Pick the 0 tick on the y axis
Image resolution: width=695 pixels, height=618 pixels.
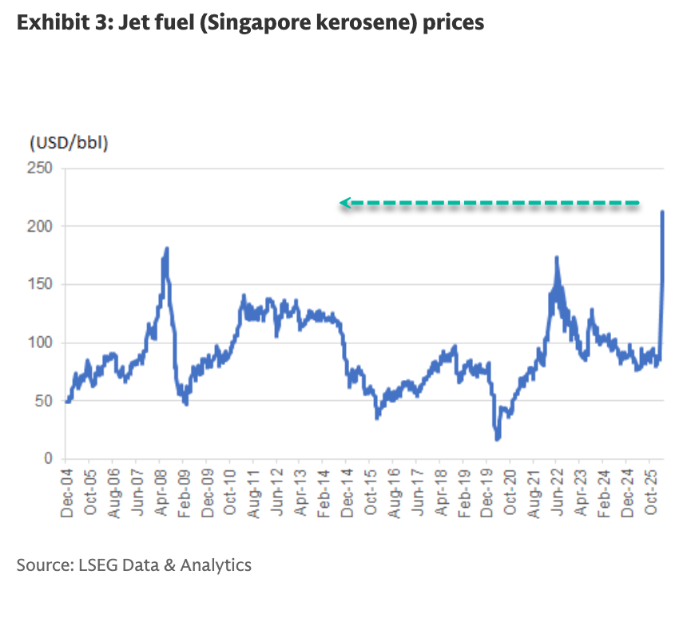[48, 459]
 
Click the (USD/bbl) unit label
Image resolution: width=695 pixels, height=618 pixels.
[69, 144]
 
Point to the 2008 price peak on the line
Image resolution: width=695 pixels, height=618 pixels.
[166, 248]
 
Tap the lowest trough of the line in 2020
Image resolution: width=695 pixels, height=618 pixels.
[497, 438]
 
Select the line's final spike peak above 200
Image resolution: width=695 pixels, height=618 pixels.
[662, 212]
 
